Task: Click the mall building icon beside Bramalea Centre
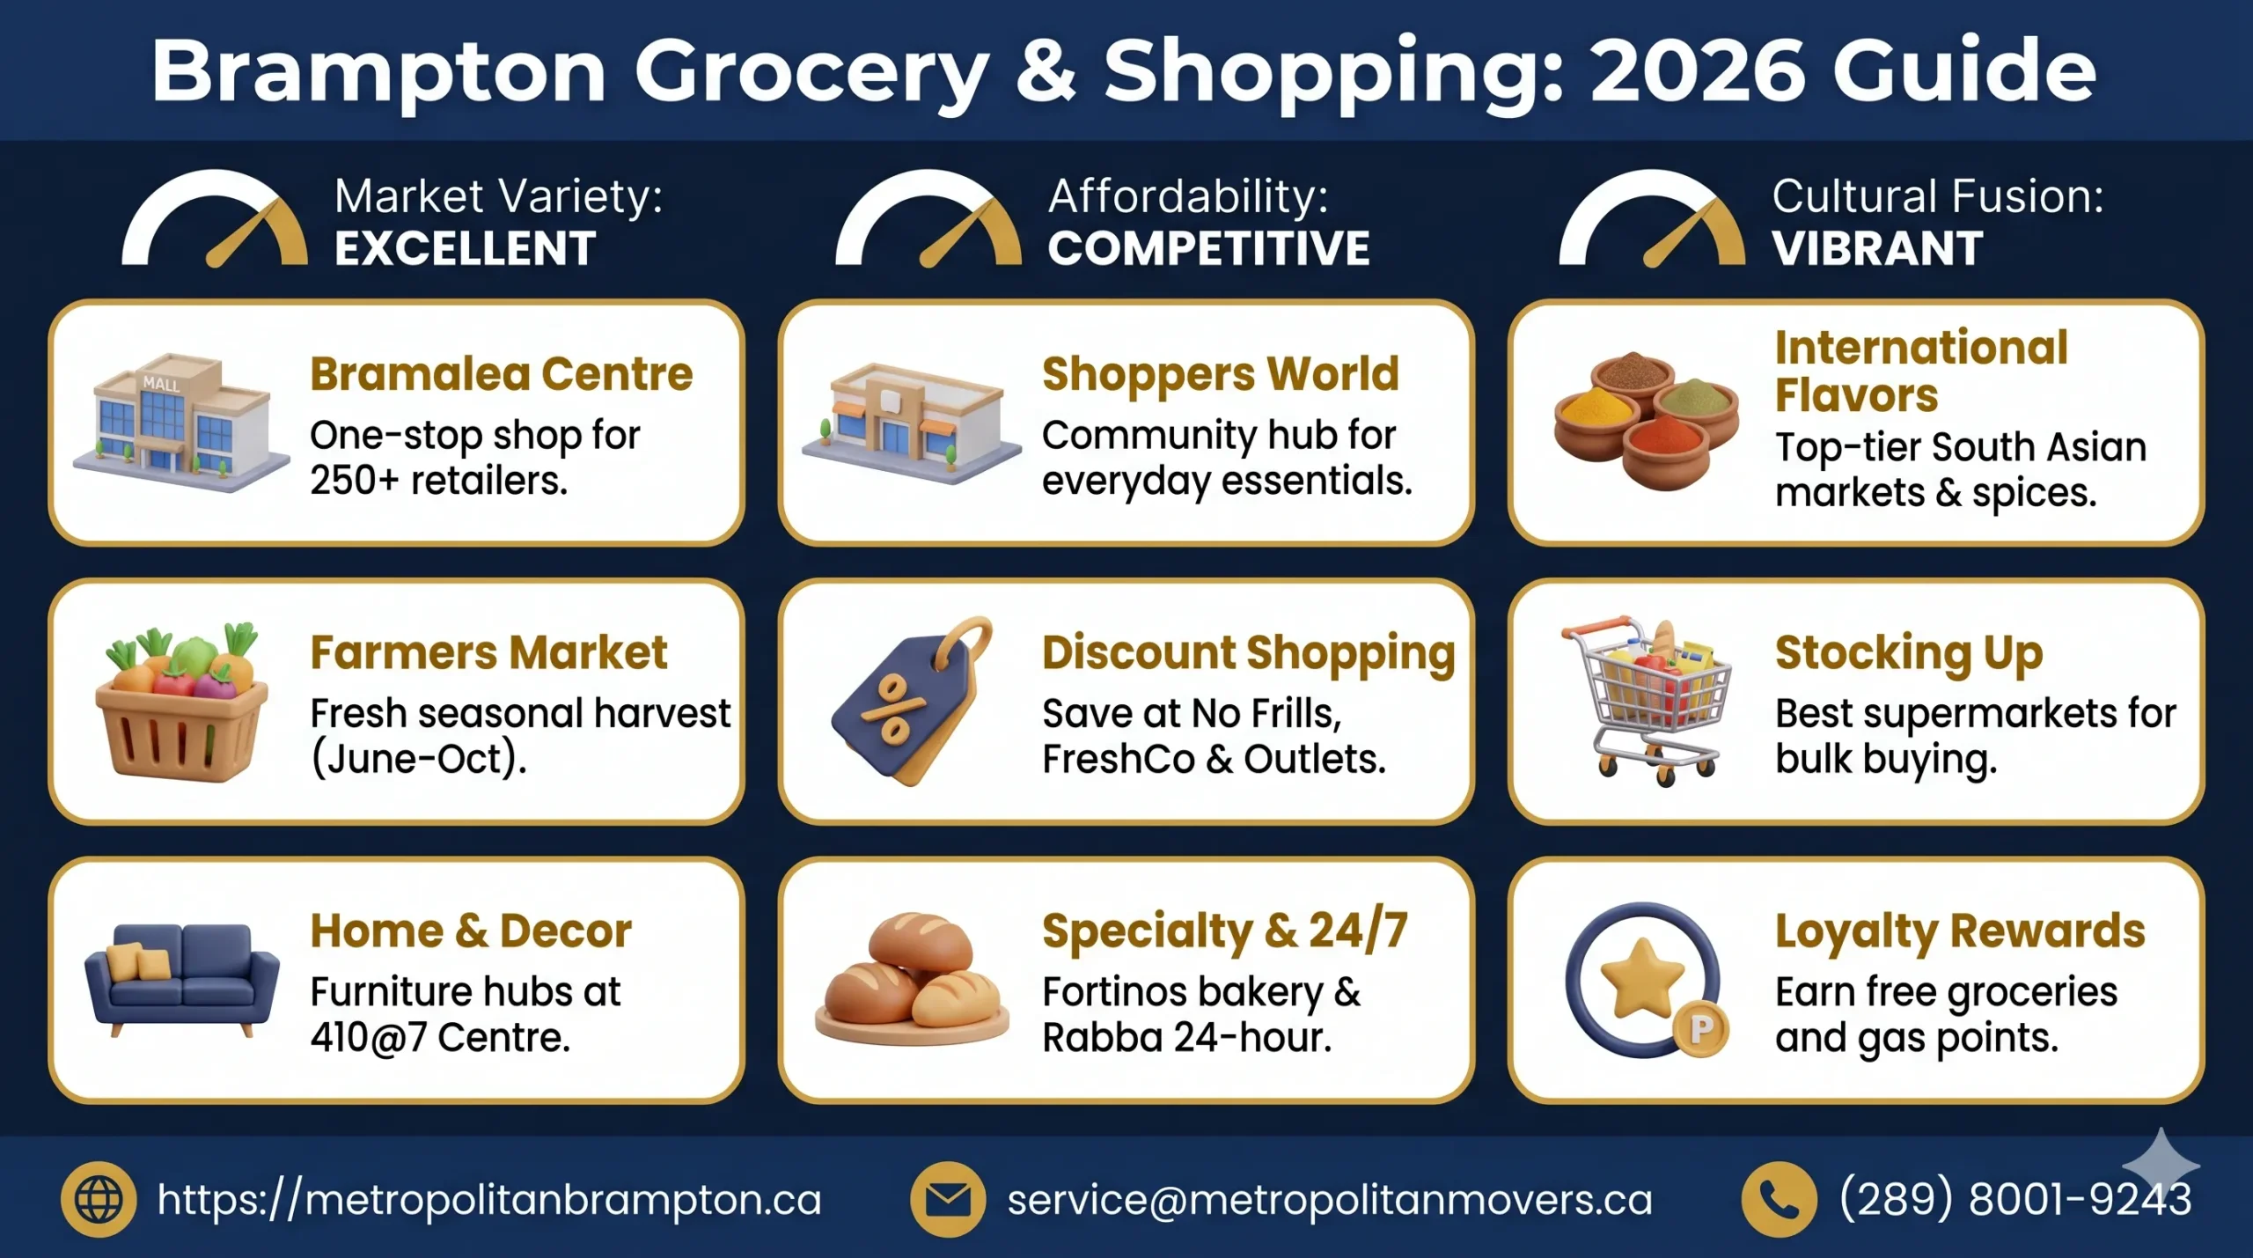(x=180, y=423)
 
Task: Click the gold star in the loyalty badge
(x=1641, y=977)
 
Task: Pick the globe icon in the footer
(x=99, y=1199)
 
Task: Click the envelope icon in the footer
(x=948, y=1199)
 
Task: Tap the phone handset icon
(x=1779, y=1199)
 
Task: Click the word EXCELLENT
(x=465, y=248)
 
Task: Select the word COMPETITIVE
(x=1208, y=248)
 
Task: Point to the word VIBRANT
(x=1877, y=248)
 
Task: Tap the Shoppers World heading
(x=1220, y=374)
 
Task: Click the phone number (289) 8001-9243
(x=2014, y=1199)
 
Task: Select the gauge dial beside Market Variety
(x=215, y=220)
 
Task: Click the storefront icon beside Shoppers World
(x=911, y=423)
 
